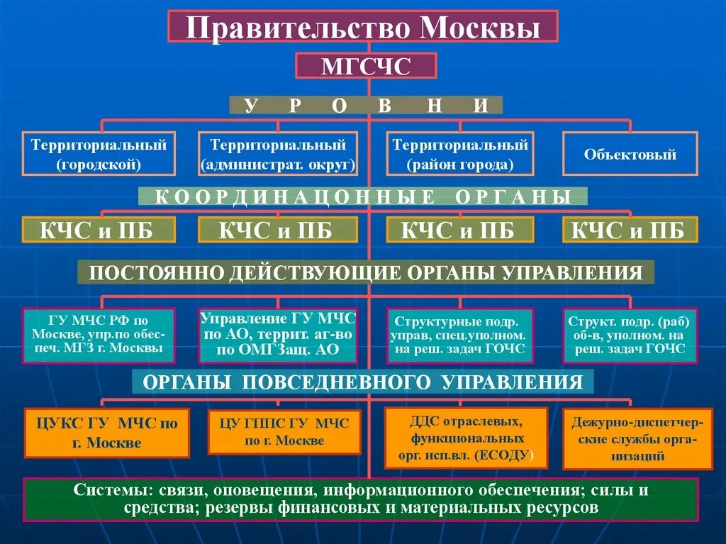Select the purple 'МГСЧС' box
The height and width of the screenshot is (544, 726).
(366, 66)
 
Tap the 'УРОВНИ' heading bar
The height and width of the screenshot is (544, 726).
(366, 106)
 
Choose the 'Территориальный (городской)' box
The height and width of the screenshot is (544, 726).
(99, 154)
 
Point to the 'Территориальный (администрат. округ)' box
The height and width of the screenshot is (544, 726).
(278, 154)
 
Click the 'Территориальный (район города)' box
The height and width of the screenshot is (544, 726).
(460, 154)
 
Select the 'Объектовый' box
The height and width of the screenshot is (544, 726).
(630, 154)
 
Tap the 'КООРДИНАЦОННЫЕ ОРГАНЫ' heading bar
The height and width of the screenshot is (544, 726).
(362, 196)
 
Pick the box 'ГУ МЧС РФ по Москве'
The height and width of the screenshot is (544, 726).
(99, 335)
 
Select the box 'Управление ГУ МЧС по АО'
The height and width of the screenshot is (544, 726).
(278, 333)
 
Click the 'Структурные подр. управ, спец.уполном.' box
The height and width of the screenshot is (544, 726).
(460, 335)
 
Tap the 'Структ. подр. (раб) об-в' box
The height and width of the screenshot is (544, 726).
(630, 335)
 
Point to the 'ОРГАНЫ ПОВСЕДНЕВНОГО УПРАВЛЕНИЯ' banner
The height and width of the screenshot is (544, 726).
(362, 382)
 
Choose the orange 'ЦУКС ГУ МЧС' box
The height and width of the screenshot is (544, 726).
(107, 433)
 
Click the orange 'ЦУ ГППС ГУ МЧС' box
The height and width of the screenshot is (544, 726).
(284, 432)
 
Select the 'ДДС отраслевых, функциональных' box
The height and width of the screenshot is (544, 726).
(466, 438)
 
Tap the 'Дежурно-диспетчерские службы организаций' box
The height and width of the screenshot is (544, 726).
(637, 438)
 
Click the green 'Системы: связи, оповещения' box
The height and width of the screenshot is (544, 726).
(361, 499)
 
